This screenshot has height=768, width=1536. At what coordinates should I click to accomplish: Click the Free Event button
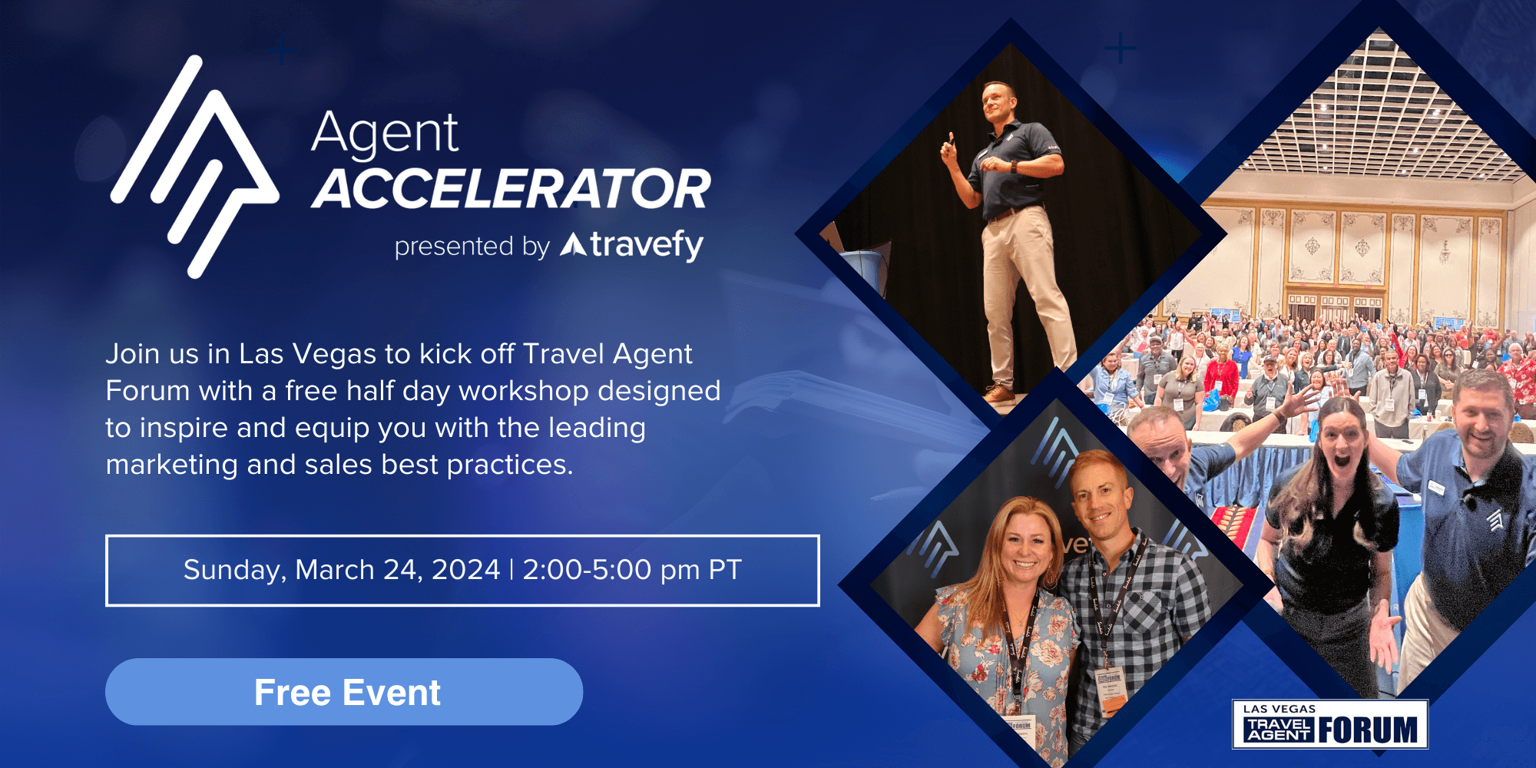point(344,692)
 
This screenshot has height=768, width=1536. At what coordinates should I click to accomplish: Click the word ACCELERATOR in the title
point(511,190)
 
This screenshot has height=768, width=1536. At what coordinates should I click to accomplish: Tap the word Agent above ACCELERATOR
point(385,134)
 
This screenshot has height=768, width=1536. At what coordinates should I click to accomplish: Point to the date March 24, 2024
point(397,570)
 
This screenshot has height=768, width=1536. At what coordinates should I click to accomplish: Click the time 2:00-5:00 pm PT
point(631,570)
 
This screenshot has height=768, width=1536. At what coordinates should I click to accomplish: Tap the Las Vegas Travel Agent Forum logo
point(1330,723)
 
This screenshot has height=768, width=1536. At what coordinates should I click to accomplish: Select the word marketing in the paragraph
point(171,465)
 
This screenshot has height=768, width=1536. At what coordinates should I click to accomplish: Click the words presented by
point(472,247)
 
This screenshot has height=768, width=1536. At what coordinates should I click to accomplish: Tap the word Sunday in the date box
point(234,570)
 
